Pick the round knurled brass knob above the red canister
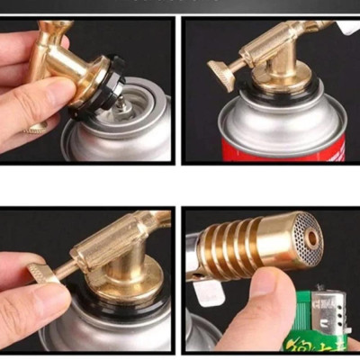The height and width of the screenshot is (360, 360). pyautogui.click(x=220, y=74)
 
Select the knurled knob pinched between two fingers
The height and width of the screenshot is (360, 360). pyautogui.click(x=40, y=273)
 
